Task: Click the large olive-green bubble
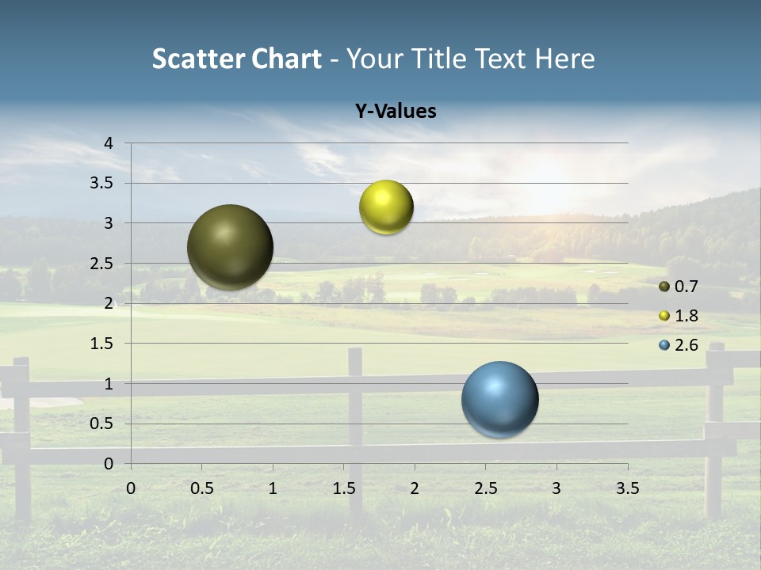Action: pyautogui.click(x=231, y=247)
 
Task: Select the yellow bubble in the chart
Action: pyautogui.click(x=386, y=207)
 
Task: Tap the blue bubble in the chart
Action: pyautogui.click(x=500, y=399)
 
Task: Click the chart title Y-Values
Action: pyautogui.click(x=396, y=112)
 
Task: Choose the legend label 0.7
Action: pyautogui.click(x=686, y=287)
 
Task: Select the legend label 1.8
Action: pyautogui.click(x=686, y=316)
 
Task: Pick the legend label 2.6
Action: pyautogui.click(x=686, y=345)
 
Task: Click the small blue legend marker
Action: pyautogui.click(x=664, y=345)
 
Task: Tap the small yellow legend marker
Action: pyautogui.click(x=664, y=316)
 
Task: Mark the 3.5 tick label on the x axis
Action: pyautogui.click(x=628, y=488)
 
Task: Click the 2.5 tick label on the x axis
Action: pyautogui.click(x=485, y=488)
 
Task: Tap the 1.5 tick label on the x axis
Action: pyautogui.click(x=344, y=488)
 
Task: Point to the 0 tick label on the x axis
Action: pyautogui.click(x=131, y=488)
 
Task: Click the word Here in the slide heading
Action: pyautogui.click(x=564, y=59)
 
